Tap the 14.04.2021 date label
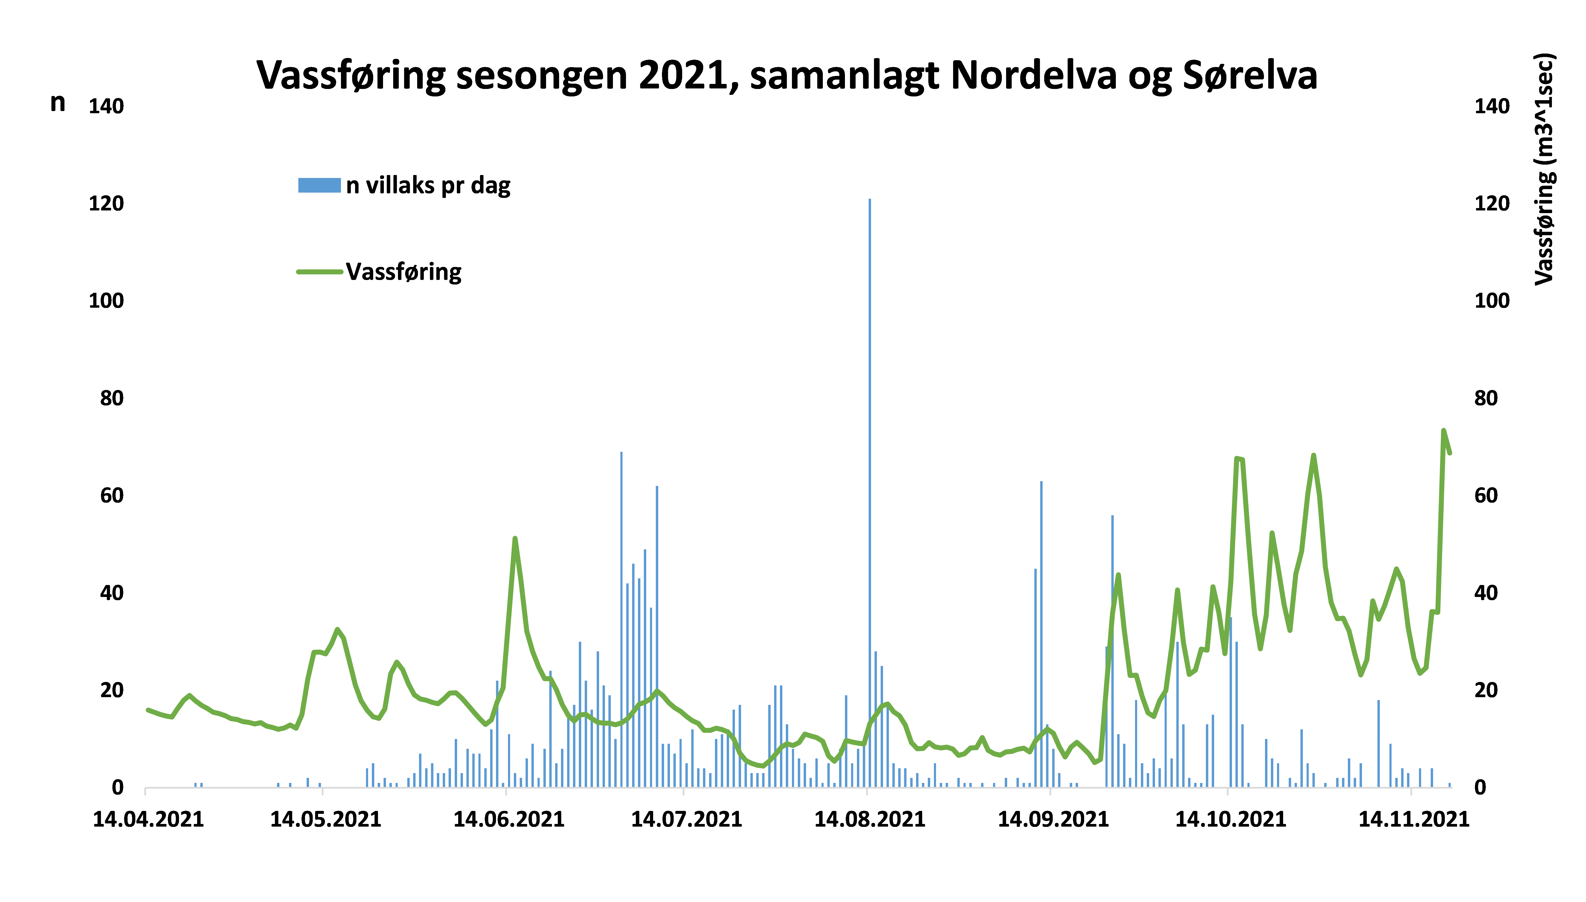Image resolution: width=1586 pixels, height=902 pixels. pos(148,820)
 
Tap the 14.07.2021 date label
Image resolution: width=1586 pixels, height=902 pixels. pos(686,820)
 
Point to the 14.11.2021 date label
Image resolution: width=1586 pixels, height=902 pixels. pos(1413,820)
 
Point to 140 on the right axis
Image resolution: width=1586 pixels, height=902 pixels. pos(1491,107)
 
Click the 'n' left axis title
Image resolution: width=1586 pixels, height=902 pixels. pos(58,103)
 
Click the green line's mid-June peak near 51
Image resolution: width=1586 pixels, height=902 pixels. pos(515,539)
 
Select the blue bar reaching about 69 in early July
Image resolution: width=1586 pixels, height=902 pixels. pos(621,620)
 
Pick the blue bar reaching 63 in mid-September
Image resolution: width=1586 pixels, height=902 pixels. pos(1041,632)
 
